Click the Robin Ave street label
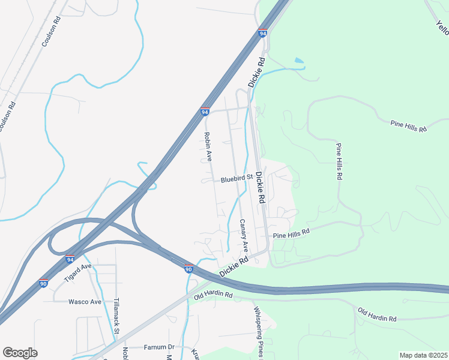(x=208, y=147)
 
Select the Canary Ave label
(x=244, y=235)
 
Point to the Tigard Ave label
(x=77, y=272)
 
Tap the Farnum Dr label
(x=158, y=347)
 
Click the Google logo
(x=20, y=352)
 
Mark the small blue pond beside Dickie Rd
(x=299, y=61)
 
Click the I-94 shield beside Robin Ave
(x=205, y=112)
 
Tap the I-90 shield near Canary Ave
(x=188, y=269)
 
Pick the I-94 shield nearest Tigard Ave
(x=70, y=259)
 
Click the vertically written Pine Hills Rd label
(x=339, y=161)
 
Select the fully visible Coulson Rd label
(x=52, y=32)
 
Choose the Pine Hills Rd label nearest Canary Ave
(x=291, y=232)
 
